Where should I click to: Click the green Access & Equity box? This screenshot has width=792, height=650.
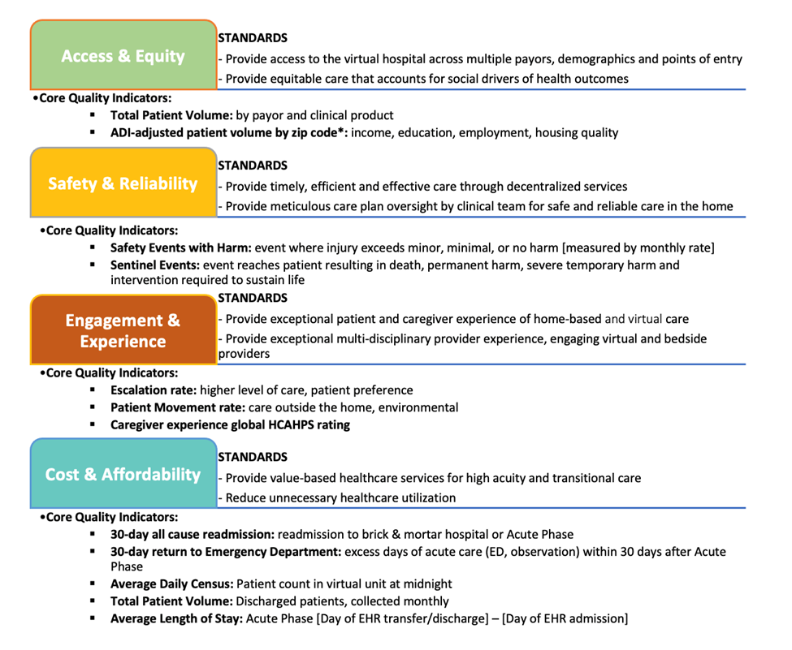(x=123, y=55)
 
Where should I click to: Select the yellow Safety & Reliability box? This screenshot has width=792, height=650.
(x=123, y=183)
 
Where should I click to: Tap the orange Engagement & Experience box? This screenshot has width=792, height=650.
(x=123, y=330)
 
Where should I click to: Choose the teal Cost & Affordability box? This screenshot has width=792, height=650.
(x=123, y=474)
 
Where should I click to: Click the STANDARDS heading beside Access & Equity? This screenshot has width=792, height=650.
(x=253, y=38)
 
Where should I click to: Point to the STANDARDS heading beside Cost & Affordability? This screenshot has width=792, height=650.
(x=253, y=457)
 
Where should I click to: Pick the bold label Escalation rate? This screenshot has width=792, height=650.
(x=153, y=390)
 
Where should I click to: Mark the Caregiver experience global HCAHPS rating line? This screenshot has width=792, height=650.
(x=230, y=424)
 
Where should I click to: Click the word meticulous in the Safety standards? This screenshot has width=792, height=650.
(x=300, y=206)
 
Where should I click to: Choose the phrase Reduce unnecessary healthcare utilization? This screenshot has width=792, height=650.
(x=340, y=497)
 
